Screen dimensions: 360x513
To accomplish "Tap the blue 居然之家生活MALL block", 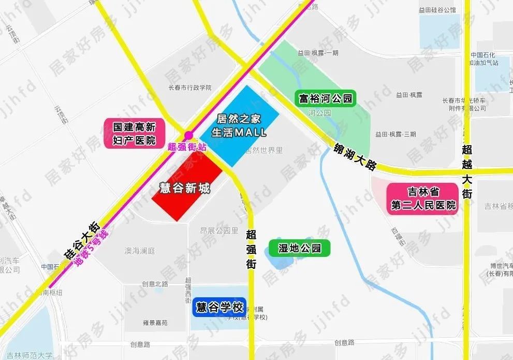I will coord(239,126).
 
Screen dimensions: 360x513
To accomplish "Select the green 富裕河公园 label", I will coord(326,98).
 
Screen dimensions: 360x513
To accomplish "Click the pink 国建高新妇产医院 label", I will coord(134,134).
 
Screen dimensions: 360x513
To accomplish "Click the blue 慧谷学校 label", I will coord(219,307).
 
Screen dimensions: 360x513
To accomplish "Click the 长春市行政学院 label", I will coord(190,88).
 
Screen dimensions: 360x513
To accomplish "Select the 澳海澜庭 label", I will coord(140,251).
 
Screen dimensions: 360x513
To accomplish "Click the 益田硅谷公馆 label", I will coord(438,10).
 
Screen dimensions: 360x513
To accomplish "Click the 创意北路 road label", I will coord(155,284).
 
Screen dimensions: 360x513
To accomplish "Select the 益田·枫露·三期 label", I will coord(396,134).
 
